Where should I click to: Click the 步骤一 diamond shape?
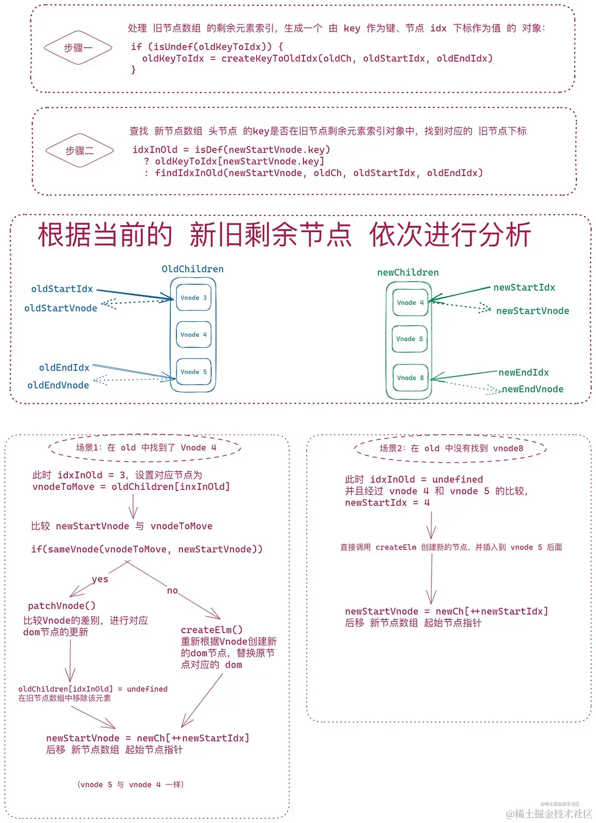pyautogui.click(x=78, y=48)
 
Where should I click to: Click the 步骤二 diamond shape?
pyautogui.click(x=80, y=150)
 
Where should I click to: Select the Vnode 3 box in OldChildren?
pyautogui.click(x=194, y=298)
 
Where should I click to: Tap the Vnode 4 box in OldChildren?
pyautogui.click(x=194, y=335)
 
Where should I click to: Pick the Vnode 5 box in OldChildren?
pyautogui.click(x=194, y=372)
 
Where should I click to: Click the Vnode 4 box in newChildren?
pyautogui.click(x=410, y=303)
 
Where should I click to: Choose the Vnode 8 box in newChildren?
pyautogui.click(x=410, y=378)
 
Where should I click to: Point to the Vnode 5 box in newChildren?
pyautogui.click(x=410, y=339)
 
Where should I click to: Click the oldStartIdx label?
pyautogui.click(x=62, y=289)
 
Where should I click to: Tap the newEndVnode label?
pyautogui.click(x=532, y=389)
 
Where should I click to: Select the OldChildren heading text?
pyautogui.click(x=192, y=269)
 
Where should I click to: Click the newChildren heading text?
pyautogui.click(x=408, y=272)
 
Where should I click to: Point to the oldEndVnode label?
pyautogui.click(x=58, y=385)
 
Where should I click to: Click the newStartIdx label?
pyautogui.click(x=524, y=288)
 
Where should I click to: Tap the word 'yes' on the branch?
pyautogui.click(x=100, y=579)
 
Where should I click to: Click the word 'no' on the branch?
pyautogui.click(x=172, y=590)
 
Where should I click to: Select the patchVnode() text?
pyautogui.click(x=61, y=605)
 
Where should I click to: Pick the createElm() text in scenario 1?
pyautogui.click(x=212, y=630)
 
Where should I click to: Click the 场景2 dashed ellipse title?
pyautogui.click(x=451, y=448)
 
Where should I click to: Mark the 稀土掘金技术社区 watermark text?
pyautogui.click(x=549, y=814)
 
